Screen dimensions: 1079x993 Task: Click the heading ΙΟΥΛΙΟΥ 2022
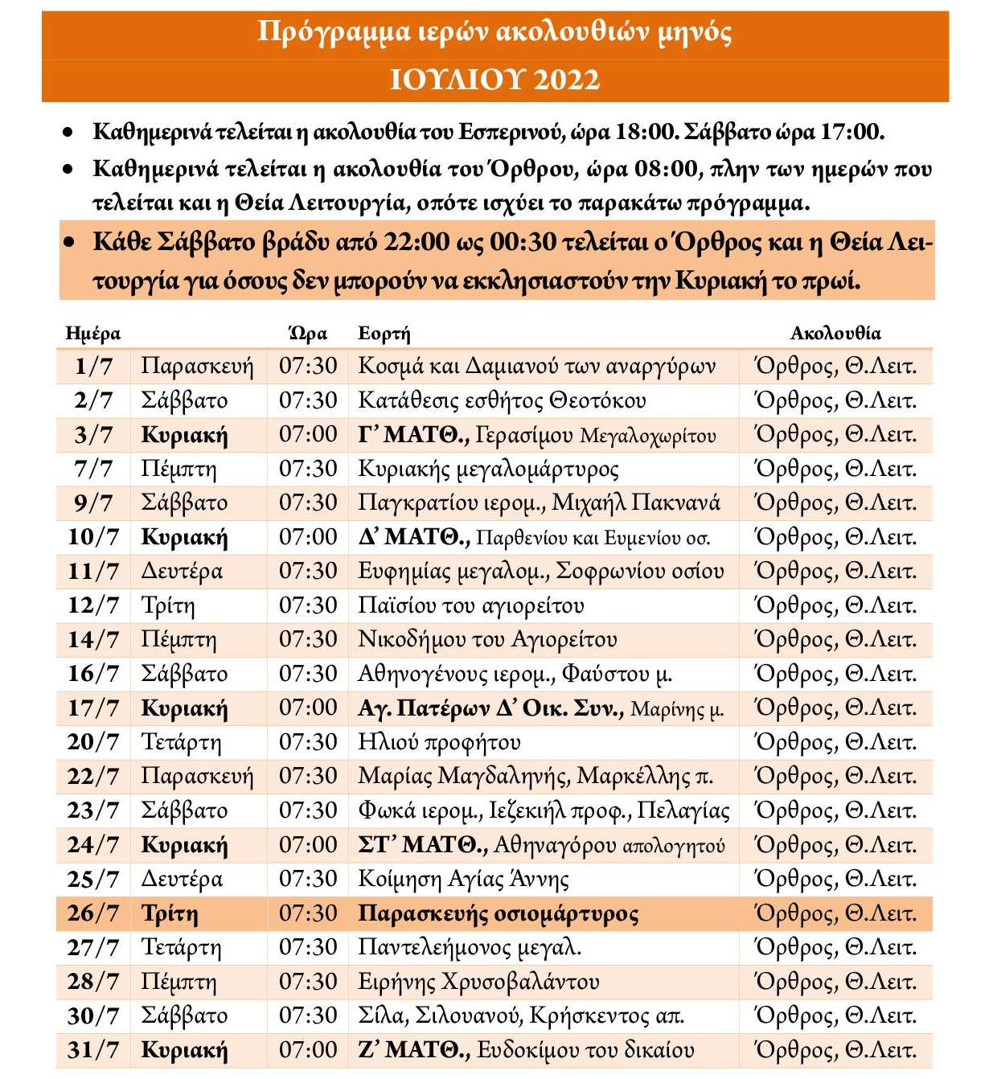click(x=494, y=80)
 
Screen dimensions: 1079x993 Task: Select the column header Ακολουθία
click(x=835, y=334)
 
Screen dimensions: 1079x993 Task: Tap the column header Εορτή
click(x=384, y=334)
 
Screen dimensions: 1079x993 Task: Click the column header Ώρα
click(x=308, y=334)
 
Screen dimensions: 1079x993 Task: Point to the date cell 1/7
click(x=93, y=367)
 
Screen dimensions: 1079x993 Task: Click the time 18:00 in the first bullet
click(x=646, y=132)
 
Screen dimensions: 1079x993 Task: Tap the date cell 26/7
click(x=93, y=913)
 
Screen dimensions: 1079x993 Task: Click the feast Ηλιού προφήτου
click(x=439, y=742)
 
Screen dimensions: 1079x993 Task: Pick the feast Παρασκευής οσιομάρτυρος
click(x=498, y=913)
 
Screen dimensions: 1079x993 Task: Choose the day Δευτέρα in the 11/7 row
click(x=182, y=572)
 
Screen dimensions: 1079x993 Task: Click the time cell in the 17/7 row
click(x=308, y=708)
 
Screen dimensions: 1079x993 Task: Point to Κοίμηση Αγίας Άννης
click(x=463, y=879)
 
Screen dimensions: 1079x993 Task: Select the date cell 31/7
click(x=93, y=1050)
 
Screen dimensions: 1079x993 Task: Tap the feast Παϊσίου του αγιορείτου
click(x=470, y=605)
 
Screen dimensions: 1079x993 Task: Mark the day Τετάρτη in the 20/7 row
click(x=181, y=742)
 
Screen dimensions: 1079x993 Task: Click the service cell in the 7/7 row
click(x=835, y=469)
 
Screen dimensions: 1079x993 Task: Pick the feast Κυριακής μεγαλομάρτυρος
click(x=488, y=469)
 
